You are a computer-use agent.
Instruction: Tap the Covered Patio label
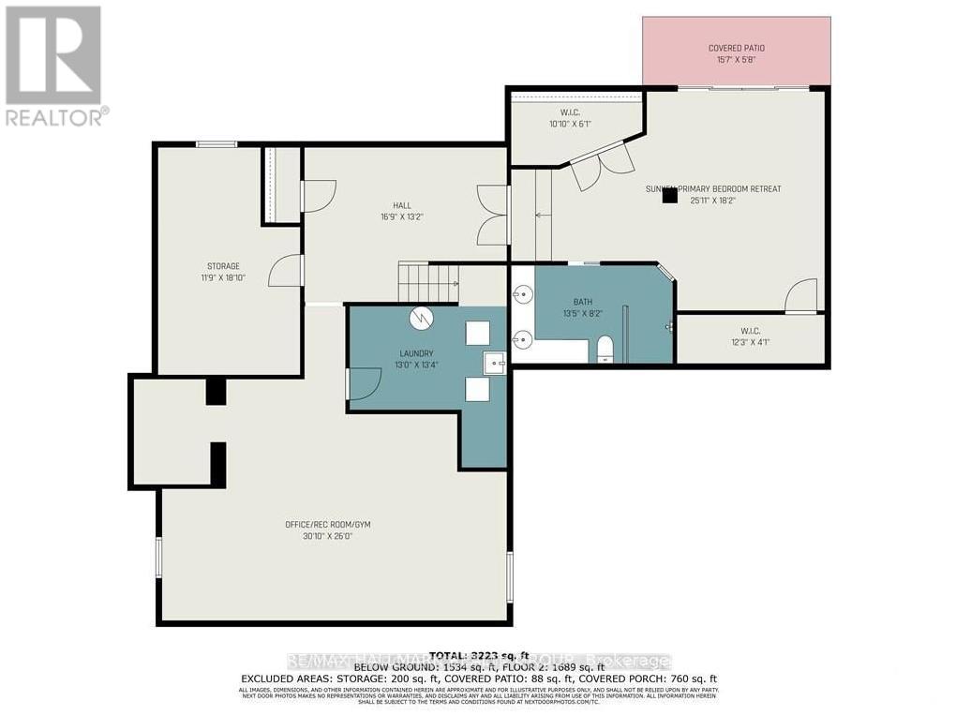click(x=736, y=48)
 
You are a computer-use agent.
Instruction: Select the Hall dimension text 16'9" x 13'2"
click(x=402, y=216)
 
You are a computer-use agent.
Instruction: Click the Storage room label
click(x=223, y=266)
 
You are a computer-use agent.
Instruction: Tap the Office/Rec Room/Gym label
click(x=328, y=524)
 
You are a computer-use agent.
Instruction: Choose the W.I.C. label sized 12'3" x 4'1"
click(x=750, y=330)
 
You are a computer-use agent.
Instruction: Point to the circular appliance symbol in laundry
click(x=421, y=319)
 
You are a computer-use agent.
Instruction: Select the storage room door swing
click(x=285, y=271)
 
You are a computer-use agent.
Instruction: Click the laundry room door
click(x=364, y=384)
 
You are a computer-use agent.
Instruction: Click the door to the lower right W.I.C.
click(x=801, y=296)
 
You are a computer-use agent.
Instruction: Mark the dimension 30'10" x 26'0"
click(x=328, y=536)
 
